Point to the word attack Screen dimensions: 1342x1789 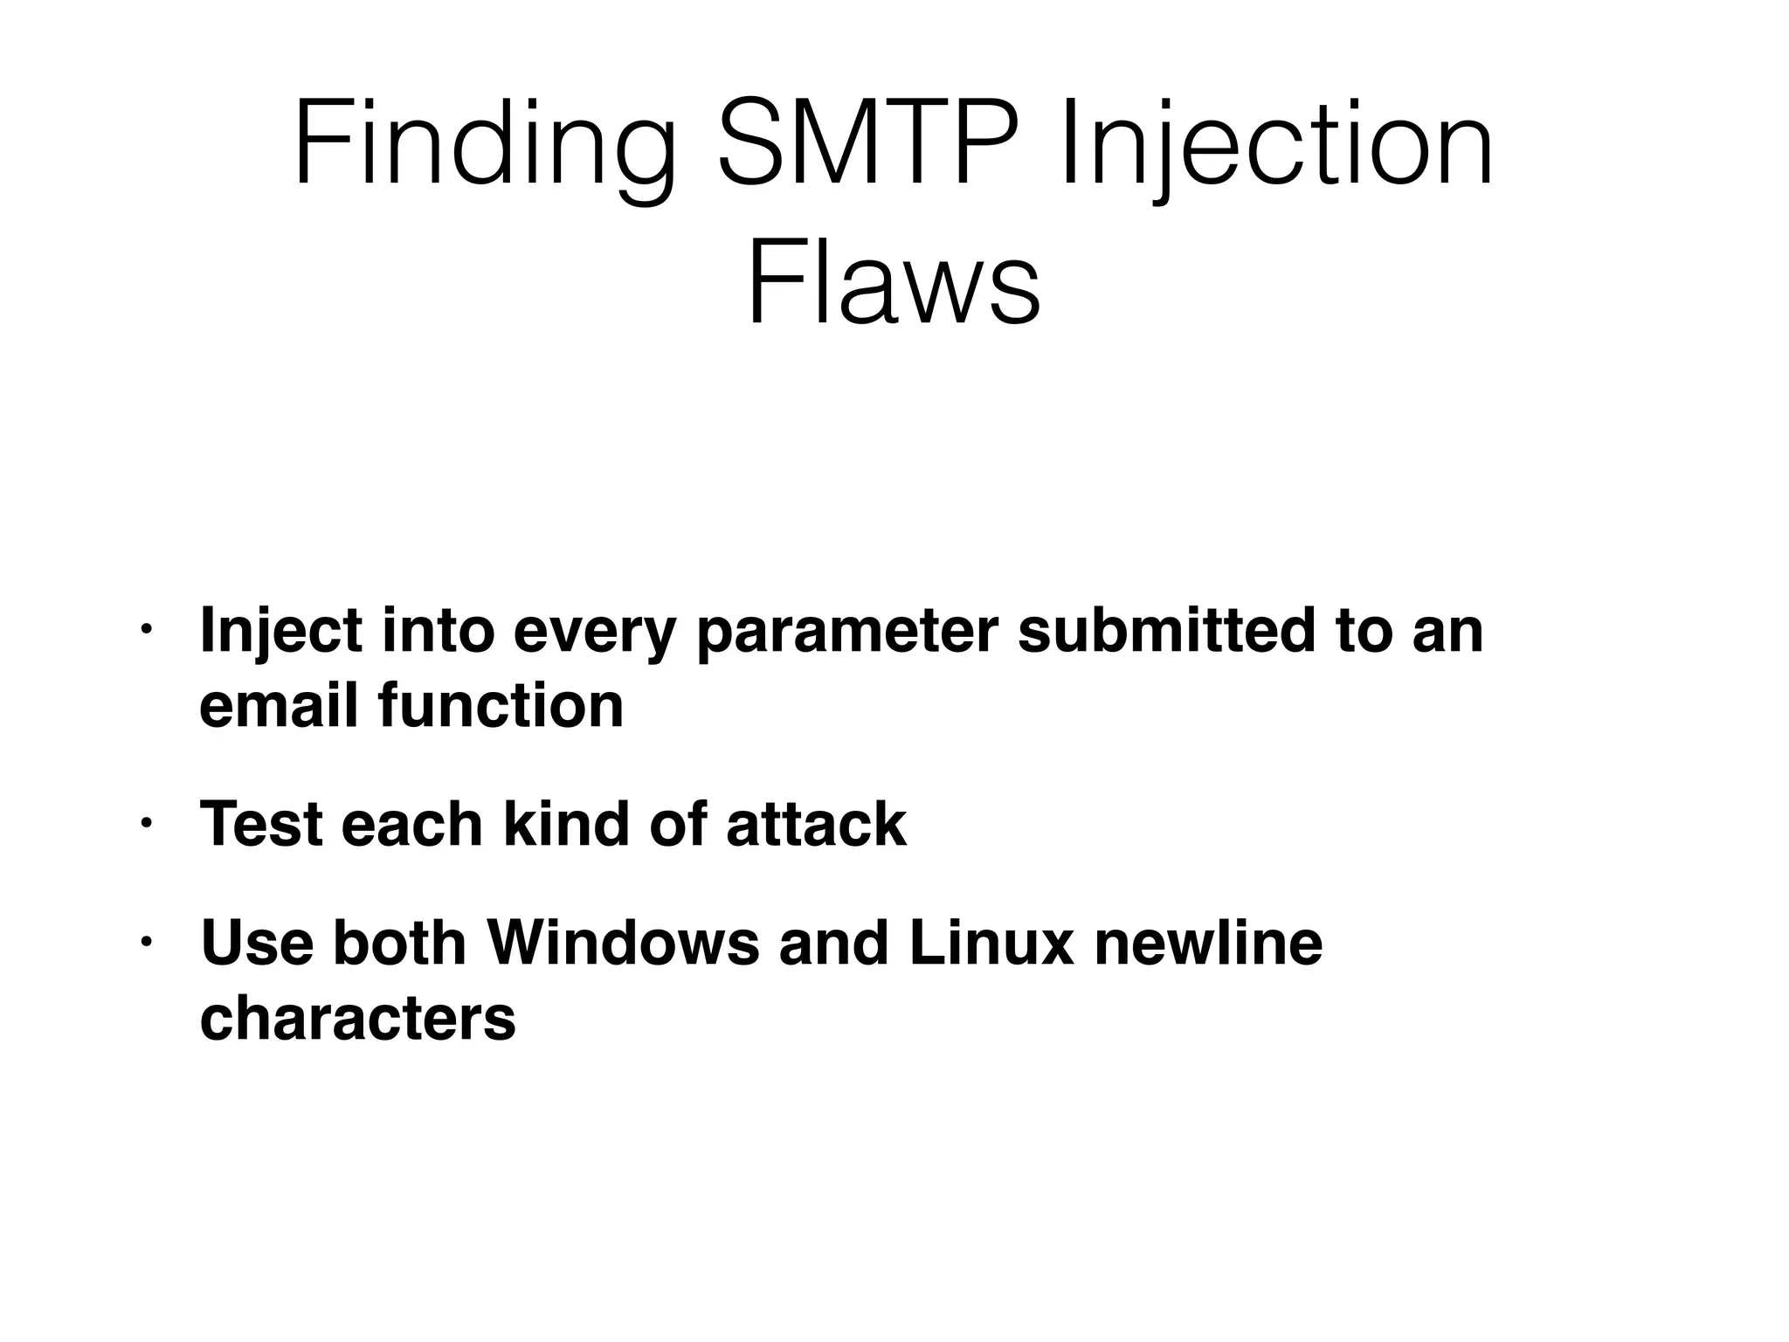[816, 824]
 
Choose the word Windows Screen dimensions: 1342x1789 [623, 944]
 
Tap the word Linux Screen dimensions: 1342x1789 [991, 944]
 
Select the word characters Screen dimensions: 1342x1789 [357, 1019]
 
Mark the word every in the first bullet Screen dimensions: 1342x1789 [595, 633]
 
